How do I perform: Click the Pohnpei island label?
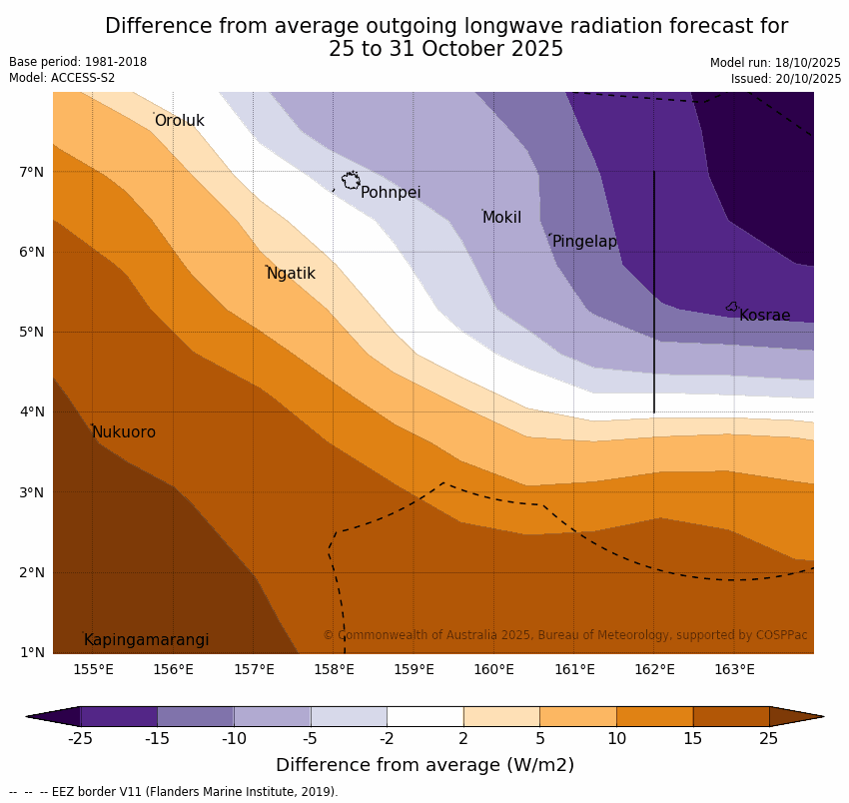tap(391, 193)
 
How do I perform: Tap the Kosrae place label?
tap(764, 316)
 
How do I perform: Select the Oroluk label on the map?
tap(180, 121)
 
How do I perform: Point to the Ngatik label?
tap(291, 274)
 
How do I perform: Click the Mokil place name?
tap(501, 218)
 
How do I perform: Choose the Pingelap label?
tap(584, 242)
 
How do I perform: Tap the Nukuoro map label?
tap(124, 432)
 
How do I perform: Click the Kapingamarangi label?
tap(147, 640)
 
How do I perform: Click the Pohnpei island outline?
tap(351, 181)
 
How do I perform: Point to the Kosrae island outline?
tap(732, 307)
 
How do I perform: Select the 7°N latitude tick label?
tap(32, 172)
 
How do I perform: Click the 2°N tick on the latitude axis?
tap(32, 573)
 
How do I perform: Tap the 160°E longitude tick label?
tap(493, 669)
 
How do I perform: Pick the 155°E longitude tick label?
tap(93, 669)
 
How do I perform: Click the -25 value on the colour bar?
tap(80, 739)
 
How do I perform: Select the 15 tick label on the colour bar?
tap(693, 739)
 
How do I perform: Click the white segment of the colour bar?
tap(424, 716)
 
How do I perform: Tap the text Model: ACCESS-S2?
tap(62, 78)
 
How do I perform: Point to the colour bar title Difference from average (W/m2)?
tap(424, 765)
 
